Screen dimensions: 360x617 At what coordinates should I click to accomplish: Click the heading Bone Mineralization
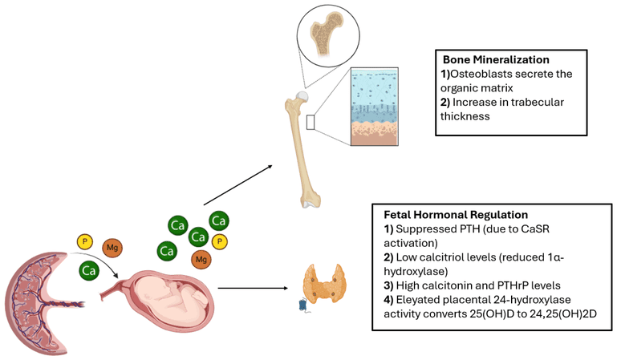496,60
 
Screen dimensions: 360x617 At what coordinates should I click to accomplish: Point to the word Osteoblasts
481,74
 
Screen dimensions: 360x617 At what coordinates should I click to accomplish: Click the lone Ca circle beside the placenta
90,271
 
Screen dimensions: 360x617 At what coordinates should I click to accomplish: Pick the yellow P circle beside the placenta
83,241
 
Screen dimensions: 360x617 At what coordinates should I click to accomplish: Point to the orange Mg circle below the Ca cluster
201,259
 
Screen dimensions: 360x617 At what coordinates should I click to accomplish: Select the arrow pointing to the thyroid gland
253,285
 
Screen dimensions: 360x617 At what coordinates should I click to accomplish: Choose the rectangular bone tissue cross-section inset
374,107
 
